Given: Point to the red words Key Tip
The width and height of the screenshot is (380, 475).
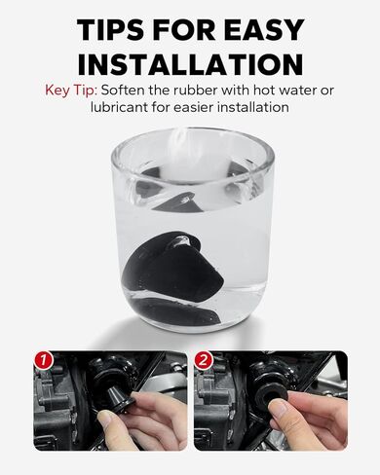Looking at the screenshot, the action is coord(71,90).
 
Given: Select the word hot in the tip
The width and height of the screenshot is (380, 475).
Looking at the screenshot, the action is coord(264,90).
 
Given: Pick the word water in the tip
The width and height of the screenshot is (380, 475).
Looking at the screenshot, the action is coord(298,90).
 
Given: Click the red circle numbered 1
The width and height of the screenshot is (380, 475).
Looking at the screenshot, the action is coord(44,360).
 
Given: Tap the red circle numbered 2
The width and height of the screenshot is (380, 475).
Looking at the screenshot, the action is coord(203,360).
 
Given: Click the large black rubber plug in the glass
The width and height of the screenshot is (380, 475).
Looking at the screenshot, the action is coord(173,262).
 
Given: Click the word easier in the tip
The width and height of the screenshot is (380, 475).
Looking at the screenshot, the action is coord(192,107).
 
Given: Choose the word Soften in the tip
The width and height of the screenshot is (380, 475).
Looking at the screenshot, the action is coord(123,90).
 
